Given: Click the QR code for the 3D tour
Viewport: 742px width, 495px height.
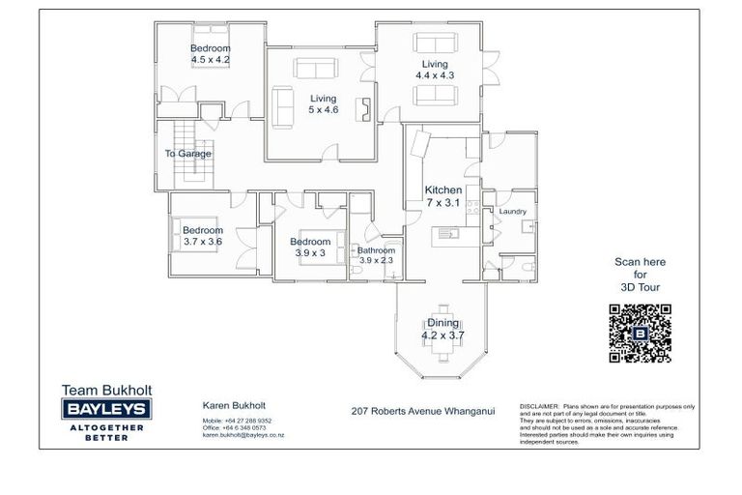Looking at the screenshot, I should [640, 333].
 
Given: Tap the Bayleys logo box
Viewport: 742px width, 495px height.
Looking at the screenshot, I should [106, 411].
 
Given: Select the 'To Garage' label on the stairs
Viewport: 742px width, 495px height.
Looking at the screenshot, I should [187, 154].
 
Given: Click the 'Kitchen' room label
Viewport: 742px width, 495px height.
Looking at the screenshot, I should [443, 190].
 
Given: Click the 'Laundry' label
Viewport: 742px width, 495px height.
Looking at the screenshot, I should [511, 211].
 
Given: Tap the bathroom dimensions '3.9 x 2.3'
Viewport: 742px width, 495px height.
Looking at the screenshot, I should [377, 260].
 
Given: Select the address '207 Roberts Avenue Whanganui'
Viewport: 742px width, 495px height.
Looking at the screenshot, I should [423, 411].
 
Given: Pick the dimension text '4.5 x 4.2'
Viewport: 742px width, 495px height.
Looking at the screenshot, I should [210, 59].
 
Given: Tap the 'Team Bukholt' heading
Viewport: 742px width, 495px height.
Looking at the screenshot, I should [106, 391].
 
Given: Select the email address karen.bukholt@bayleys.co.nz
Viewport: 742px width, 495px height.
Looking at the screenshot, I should [243, 435].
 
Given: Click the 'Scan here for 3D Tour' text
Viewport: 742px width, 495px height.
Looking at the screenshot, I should [640, 275].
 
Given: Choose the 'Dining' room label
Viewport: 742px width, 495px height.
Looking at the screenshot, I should [443, 323].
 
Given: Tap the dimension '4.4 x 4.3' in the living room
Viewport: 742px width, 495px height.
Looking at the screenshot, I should [435, 74].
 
